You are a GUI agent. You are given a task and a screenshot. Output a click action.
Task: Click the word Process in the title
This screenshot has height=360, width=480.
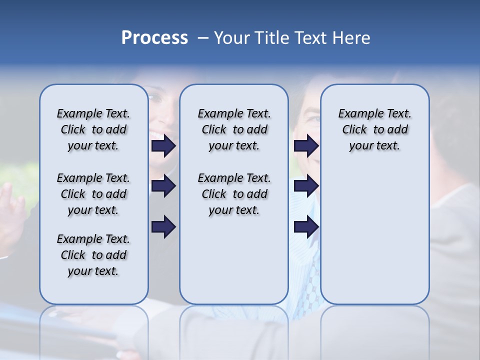coord(154,38)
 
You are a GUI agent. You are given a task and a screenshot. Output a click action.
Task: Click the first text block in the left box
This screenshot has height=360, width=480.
coord(93,129)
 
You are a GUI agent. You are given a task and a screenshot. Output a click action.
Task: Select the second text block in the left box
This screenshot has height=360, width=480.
coord(93,194)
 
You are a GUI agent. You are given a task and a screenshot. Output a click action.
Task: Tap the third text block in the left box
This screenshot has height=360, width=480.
coord(93,255)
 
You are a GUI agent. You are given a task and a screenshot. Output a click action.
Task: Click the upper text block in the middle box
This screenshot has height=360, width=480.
coord(234,129)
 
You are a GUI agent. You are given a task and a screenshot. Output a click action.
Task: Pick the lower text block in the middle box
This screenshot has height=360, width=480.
coord(234,194)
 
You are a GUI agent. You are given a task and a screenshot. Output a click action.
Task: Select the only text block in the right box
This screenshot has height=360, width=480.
coord(374,129)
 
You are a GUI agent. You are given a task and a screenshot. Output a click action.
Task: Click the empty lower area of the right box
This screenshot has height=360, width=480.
coord(374,240)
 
